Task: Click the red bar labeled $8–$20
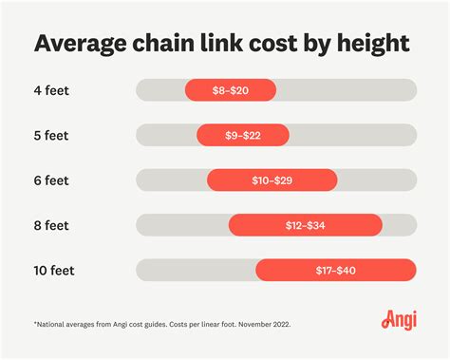click(x=230, y=90)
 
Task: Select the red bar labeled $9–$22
click(x=242, y=135)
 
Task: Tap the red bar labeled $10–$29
click(x=272, y=180)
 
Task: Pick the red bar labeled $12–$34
click(x=305, y=225)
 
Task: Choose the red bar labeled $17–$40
click(x=335, y=270)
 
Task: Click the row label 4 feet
click(x=52, y=90)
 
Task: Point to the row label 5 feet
click(x=52, y=135)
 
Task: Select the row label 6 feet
click(x=52, y=180)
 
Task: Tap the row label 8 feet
click(x=52, y=225)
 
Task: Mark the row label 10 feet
click(x=55, y=270)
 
